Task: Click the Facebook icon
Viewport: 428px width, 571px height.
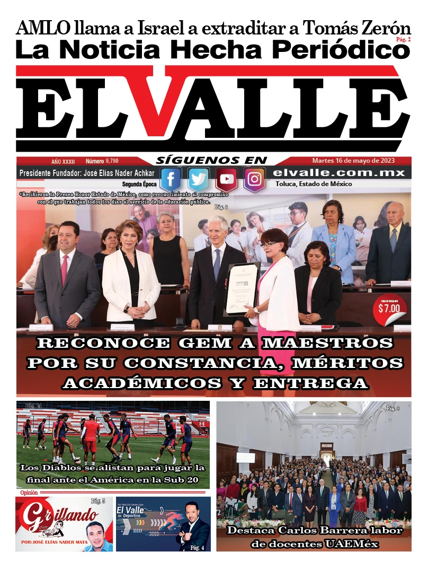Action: click(x=171, y=180)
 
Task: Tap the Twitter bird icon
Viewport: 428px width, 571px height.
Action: click(x=199, y=180)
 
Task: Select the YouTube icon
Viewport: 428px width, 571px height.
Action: click(x=227, y=180)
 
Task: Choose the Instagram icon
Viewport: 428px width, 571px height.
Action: click(x=255, y=180)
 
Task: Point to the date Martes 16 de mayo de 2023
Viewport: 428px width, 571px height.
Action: click(x=353, y=161)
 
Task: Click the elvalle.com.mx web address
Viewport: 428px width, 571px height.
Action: click(x=339, y=173)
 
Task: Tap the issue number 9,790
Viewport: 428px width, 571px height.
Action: click(x=112, y=161)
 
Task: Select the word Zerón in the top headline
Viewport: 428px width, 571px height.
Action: click(x=385, y=27)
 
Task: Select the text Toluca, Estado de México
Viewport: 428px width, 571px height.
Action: click(x=314, y=185)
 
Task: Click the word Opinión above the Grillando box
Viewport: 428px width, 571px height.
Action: click(x=29, y=493)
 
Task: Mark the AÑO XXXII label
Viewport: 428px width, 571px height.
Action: click(x=63, y=161)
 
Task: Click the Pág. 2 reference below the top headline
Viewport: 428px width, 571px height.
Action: click(x=402, y=40)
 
